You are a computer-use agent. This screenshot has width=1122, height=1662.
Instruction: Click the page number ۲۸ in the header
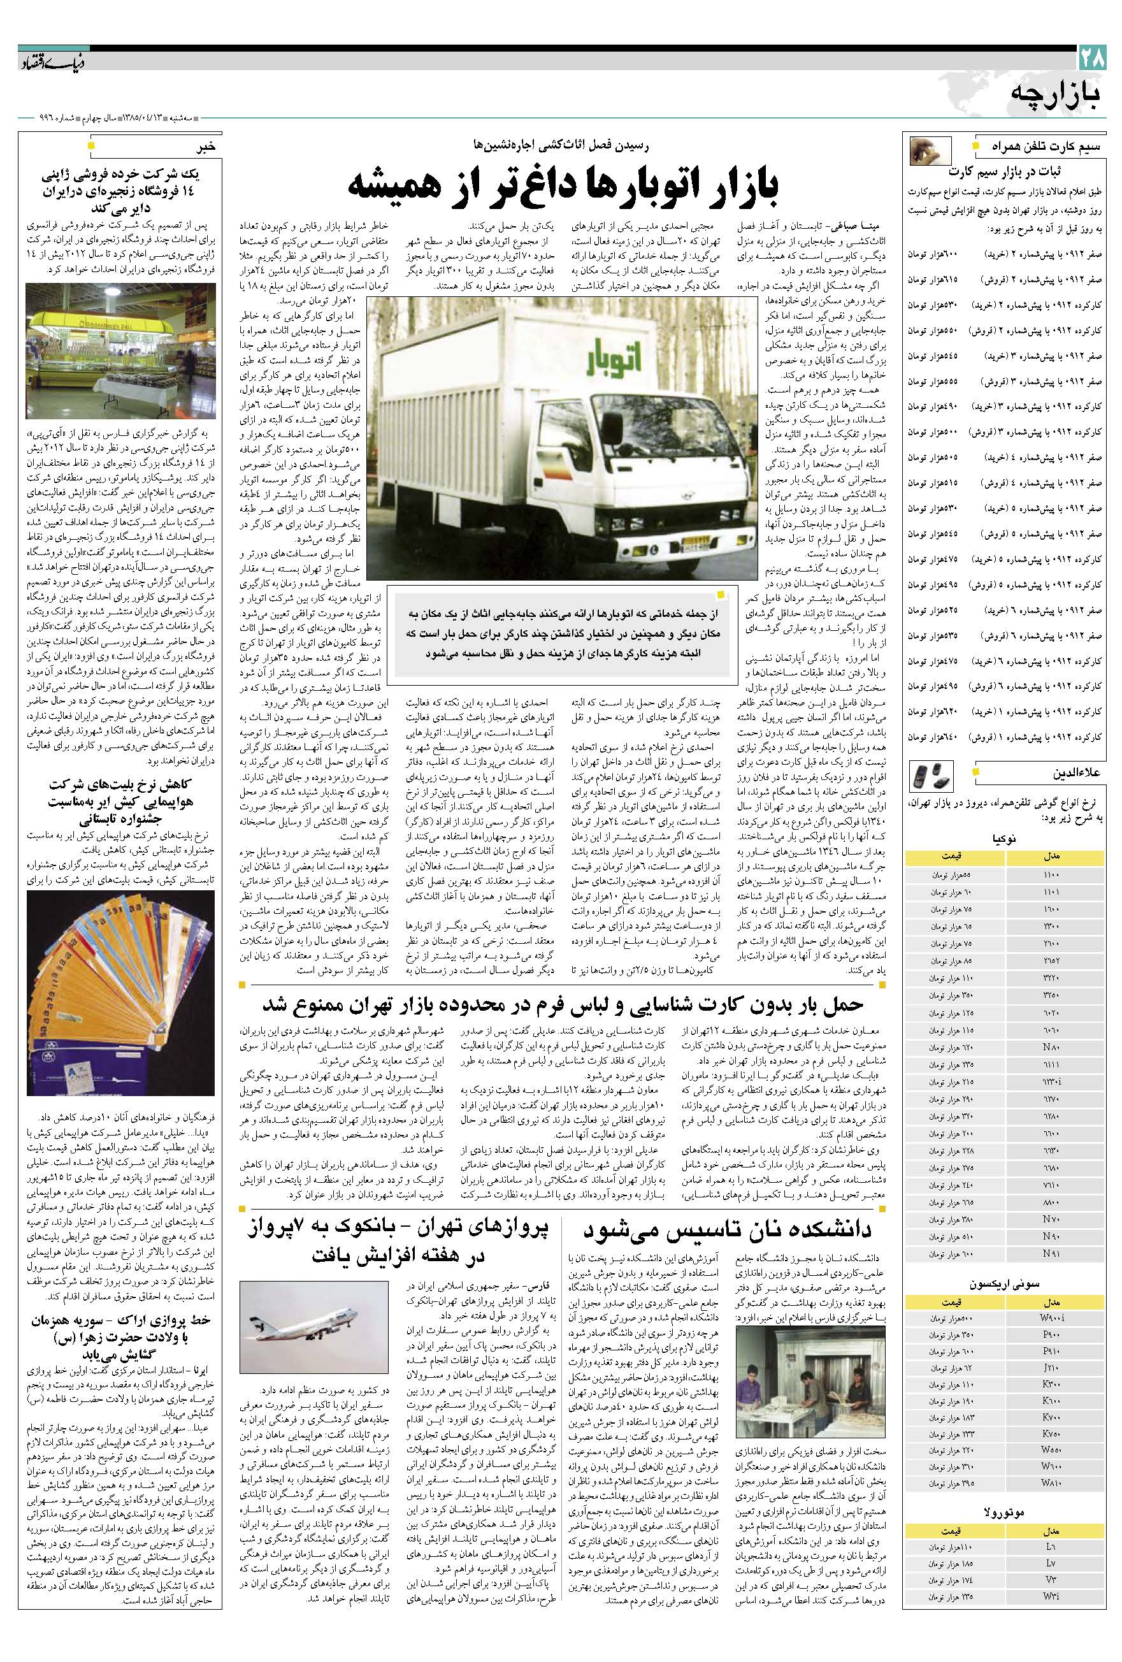(x=1092, y=58)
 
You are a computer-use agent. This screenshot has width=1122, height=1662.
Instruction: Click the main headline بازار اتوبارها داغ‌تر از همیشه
(x=563, y=183)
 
